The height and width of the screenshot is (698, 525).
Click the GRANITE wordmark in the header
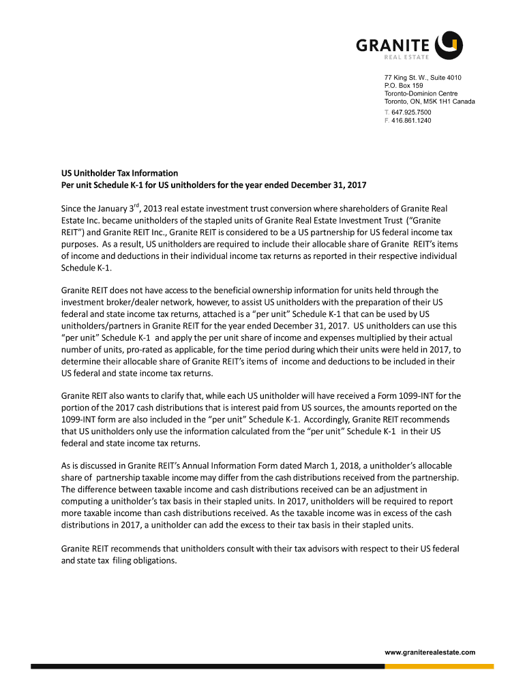[x=393, y=46]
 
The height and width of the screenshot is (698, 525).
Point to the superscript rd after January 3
[x=137, y=204]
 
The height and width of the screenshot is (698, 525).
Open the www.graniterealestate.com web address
[x=430, y=652]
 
